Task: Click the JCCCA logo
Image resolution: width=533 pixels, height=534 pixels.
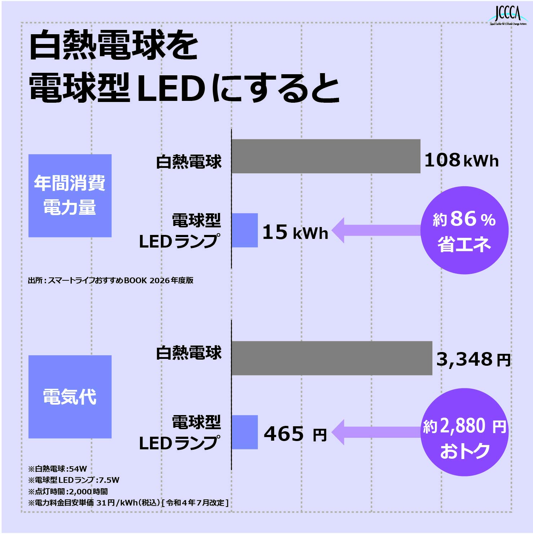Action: pyautogui.click(x=507, y=16)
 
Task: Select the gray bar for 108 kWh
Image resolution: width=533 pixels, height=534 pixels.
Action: pyautogui.click(x=326, y=156)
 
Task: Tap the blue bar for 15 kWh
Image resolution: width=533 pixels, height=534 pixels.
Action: pyautogui.click(x=245, y=230)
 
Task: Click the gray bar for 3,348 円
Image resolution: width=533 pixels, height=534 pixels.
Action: pyautogui.click(x=332, y=358)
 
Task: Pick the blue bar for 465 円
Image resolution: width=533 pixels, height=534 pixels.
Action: pyautogui.click(x=245, y=432)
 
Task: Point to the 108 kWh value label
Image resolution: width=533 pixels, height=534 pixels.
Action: pyautogui.click(x=462, y=160)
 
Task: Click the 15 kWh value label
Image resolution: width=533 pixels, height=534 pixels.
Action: pyautogui.click(x=295, y=232)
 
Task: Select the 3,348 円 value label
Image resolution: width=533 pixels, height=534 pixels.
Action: pyautogui.click(x=473, y=359)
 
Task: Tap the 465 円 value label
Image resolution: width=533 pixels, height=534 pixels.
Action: pyautogui.click(x=295, y=434)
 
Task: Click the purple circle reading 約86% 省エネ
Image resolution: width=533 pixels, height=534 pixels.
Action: pyautogui.click(x=464, y=230)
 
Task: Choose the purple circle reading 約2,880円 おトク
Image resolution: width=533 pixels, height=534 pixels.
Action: pyautogui.click(x=464, y=432)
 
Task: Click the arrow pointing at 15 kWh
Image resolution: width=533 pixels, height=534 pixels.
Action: pyautogui.click(x=376, y=230)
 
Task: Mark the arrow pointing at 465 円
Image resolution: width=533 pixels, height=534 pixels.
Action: pyautogui.click(x=376, y=432)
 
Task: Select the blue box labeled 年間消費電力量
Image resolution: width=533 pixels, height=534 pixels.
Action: pyautogui.click(x=70, y=196)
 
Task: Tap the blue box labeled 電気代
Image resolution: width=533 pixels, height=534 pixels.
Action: pyautogui.click(x=70, y=397)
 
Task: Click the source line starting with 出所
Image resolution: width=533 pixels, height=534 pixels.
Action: pyautogui.click(x=111, y=280)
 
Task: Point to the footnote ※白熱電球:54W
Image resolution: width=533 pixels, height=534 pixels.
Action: pyautogui.click(x=58, y=469)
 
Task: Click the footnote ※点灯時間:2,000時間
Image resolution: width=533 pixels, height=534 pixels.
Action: pyautogui.click(x=68, y=491)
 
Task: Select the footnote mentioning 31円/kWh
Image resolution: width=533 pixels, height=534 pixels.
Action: pyautogui.click(x=128, y=503)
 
